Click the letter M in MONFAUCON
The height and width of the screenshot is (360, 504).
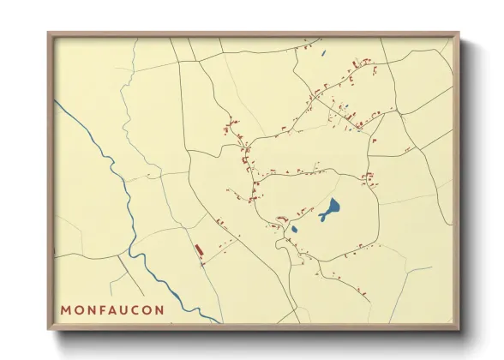(66, 309)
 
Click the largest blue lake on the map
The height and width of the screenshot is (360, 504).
(331, 207)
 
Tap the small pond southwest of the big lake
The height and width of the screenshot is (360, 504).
(294, 229)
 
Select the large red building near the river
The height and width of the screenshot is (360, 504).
(199, 249)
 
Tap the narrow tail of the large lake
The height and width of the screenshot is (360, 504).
(322, 219)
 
